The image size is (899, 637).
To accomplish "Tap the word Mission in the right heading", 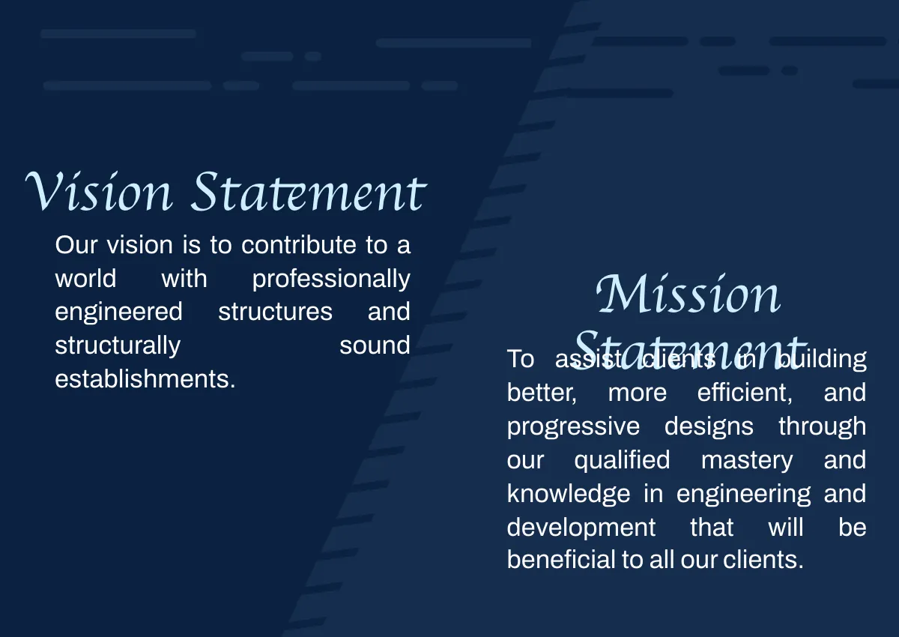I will point(688,295).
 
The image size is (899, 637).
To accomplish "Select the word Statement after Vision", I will point(308,191).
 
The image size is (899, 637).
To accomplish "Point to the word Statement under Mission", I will point(688,349).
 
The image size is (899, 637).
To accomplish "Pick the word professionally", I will point(331,279).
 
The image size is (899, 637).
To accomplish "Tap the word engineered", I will point(118,312).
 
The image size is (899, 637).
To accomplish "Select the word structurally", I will point(118,345).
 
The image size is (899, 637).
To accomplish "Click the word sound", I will point(375,345).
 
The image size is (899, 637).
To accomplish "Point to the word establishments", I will point(145,379).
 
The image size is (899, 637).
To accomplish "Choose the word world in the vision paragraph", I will point(85,279).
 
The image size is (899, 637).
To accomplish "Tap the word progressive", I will point(573,426).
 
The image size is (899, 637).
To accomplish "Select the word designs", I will point(709,426).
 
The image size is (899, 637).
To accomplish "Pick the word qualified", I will point(622,460).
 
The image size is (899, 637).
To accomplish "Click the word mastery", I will point(747,460).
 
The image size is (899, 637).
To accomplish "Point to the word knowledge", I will point(569,494).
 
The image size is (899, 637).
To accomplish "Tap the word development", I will point(581,528).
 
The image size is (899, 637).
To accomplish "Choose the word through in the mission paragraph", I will point(822,426).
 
